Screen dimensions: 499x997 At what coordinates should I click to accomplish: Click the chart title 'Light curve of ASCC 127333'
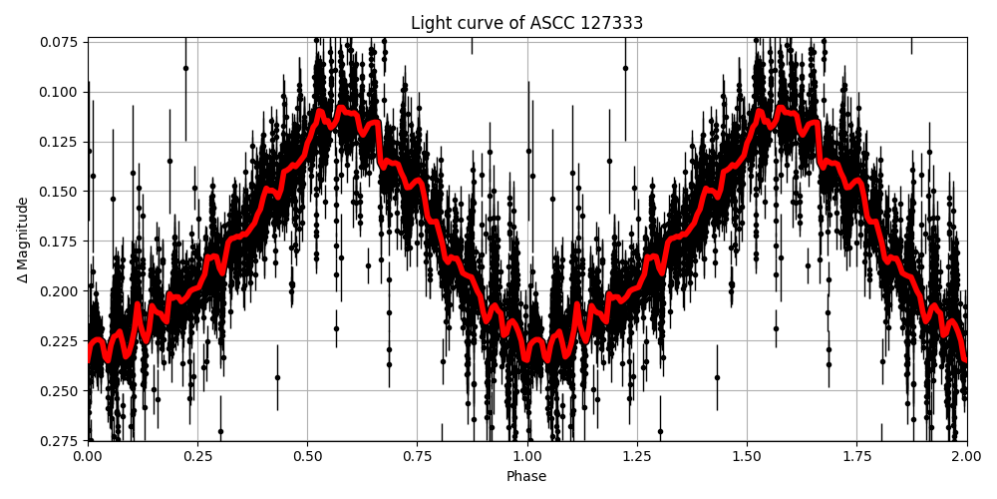pyautogui.click(x=526, y=23)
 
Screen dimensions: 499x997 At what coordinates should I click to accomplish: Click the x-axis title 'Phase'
pyautogui.click(x=526, y=476)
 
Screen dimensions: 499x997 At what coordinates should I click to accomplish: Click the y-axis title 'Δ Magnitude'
pyautogui.click(x=23, y=240)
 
